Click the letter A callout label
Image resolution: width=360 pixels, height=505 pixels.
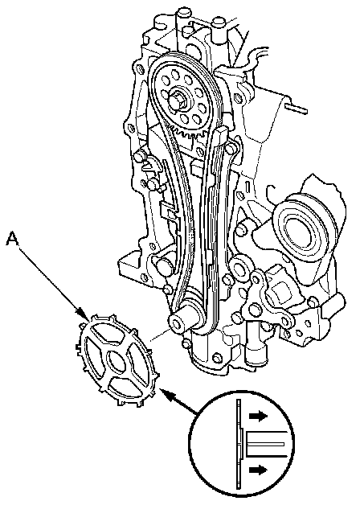click(12, 240)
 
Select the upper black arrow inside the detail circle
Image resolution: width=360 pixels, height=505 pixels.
click(258, 416)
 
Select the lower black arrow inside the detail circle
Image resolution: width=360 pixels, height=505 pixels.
click(258, 470)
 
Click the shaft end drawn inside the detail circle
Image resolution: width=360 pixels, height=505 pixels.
click(265, 444)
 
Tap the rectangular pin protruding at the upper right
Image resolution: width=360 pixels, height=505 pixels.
click(296, 109)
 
